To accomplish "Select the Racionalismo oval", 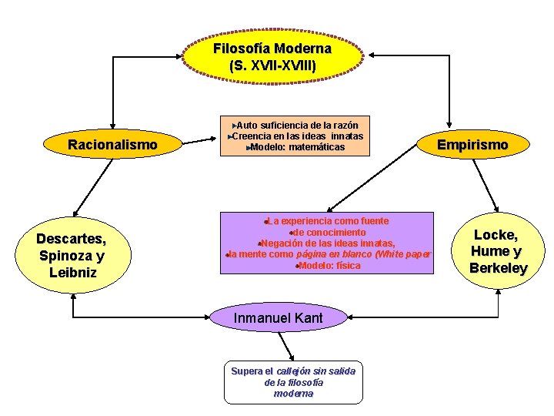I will (x=112, y=144).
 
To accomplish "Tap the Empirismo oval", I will (x=472, y=144).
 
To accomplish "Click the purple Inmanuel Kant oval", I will (x=278, y=317).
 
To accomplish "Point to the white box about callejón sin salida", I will (x=293, y=381).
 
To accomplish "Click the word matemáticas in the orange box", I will (x=317, y=147).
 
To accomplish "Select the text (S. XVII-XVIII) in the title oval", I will (x=272, y=65).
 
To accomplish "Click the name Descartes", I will (x=71, y=239).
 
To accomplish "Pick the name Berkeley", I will (x=498, y=268).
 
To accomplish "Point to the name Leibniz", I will (x=71, y=272).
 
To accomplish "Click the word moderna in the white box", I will (x=293, y=394).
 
